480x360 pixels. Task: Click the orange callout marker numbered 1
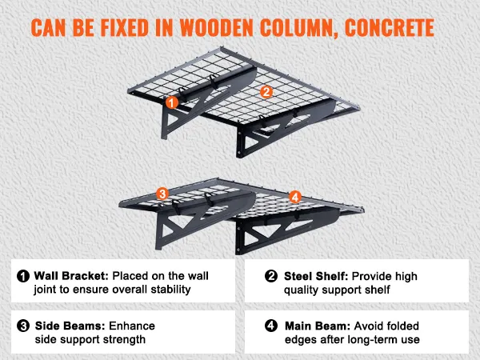172,102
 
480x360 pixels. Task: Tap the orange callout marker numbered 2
266,92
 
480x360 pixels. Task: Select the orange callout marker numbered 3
162,194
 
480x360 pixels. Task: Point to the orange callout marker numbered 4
294,197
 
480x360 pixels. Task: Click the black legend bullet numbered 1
23,276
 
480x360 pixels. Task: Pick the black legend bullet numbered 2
271,276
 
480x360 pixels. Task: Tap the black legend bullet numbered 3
23,326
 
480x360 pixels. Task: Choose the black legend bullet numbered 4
271,326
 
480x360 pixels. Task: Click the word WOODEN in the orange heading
217,28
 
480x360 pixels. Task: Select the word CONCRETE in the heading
390,28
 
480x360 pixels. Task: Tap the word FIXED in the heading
125,28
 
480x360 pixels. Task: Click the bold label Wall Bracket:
71,276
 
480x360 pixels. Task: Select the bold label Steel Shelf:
316,276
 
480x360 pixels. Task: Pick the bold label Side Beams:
70,326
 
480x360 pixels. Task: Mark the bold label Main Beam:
318,326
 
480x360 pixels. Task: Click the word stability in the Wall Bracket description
171,290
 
